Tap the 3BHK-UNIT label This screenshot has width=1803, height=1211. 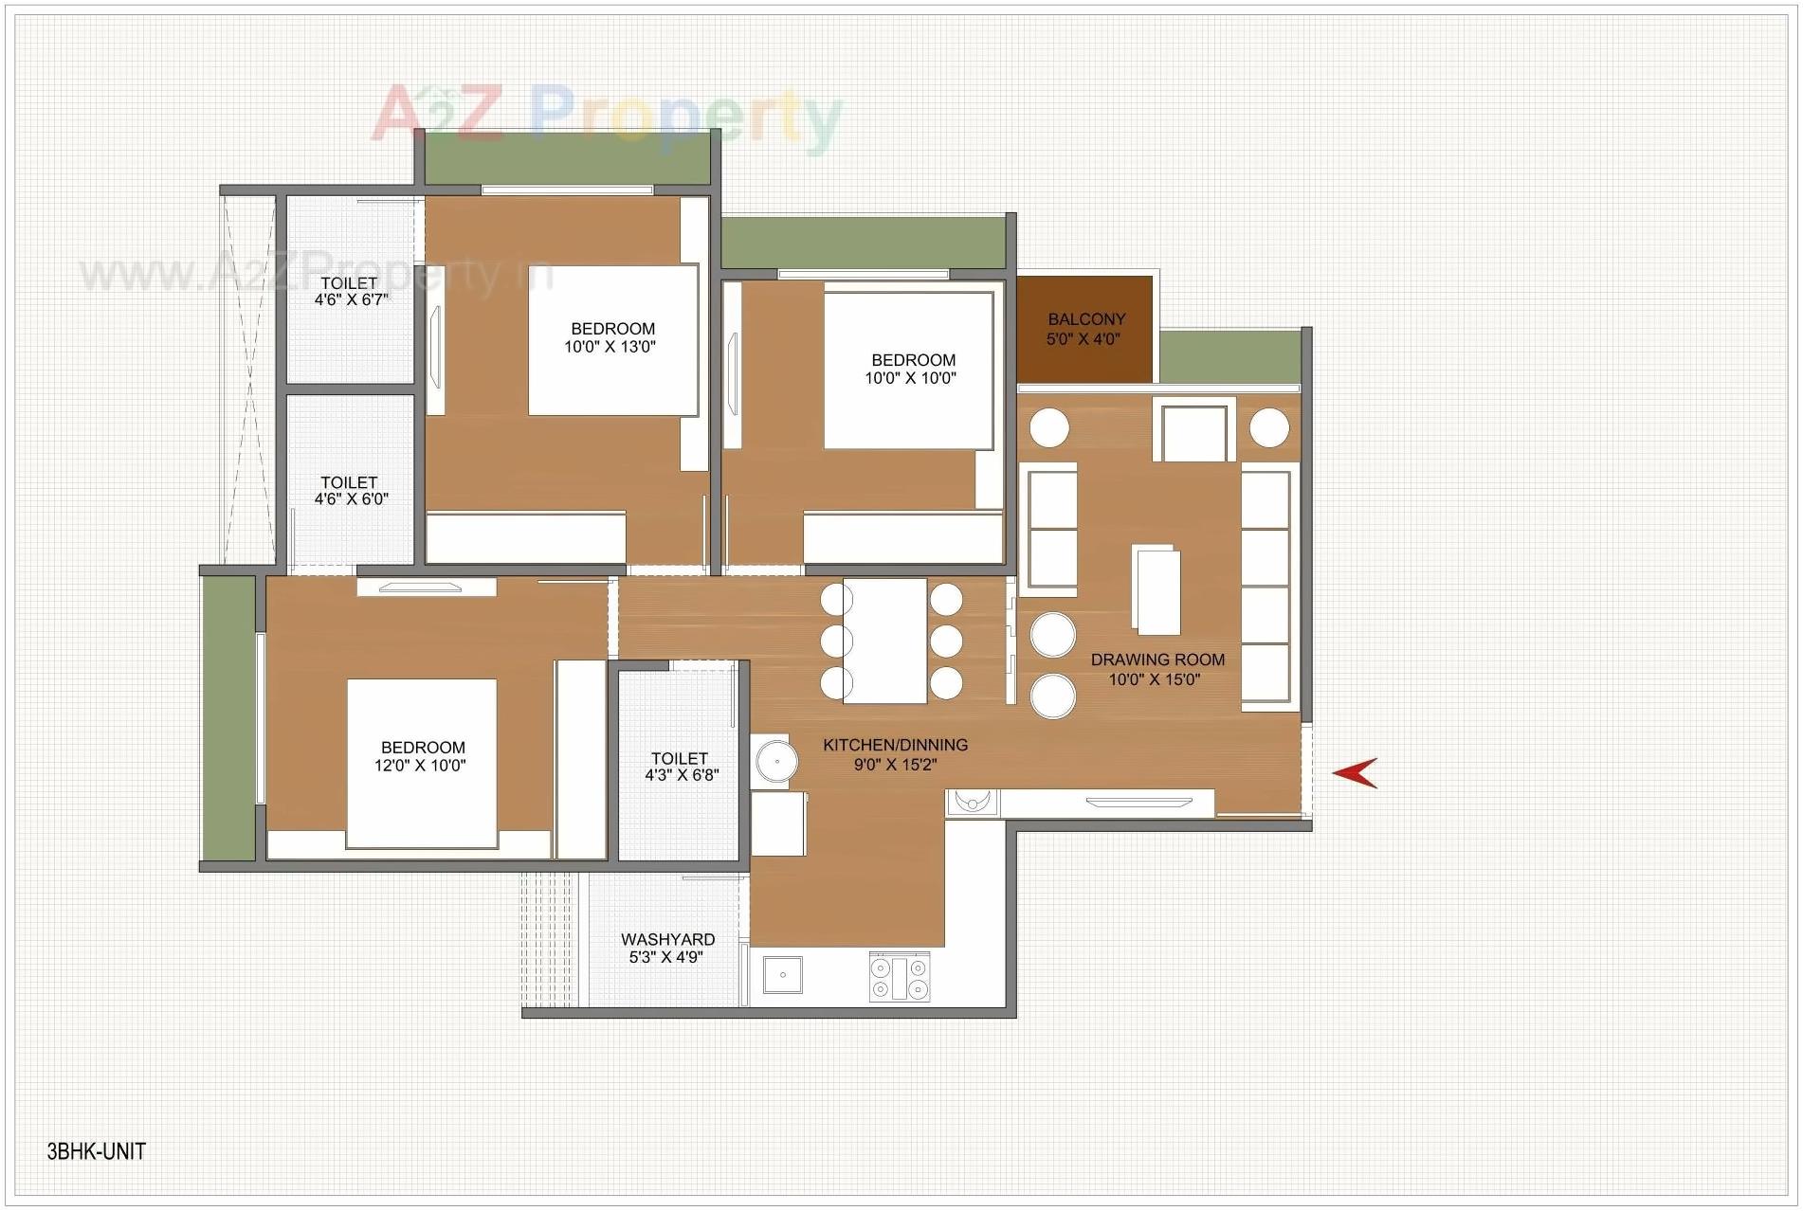96,1151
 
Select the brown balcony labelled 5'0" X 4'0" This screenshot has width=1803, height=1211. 1085,329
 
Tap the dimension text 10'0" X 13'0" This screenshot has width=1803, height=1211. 610,347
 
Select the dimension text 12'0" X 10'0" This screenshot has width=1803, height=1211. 420,766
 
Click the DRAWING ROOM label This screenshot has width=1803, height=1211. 1157,660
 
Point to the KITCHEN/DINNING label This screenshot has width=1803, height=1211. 895,745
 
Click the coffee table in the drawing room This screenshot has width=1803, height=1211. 1156,591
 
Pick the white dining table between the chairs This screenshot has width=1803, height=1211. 884,641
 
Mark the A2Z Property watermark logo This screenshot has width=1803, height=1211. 607,116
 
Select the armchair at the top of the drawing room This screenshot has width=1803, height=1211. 1194,430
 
